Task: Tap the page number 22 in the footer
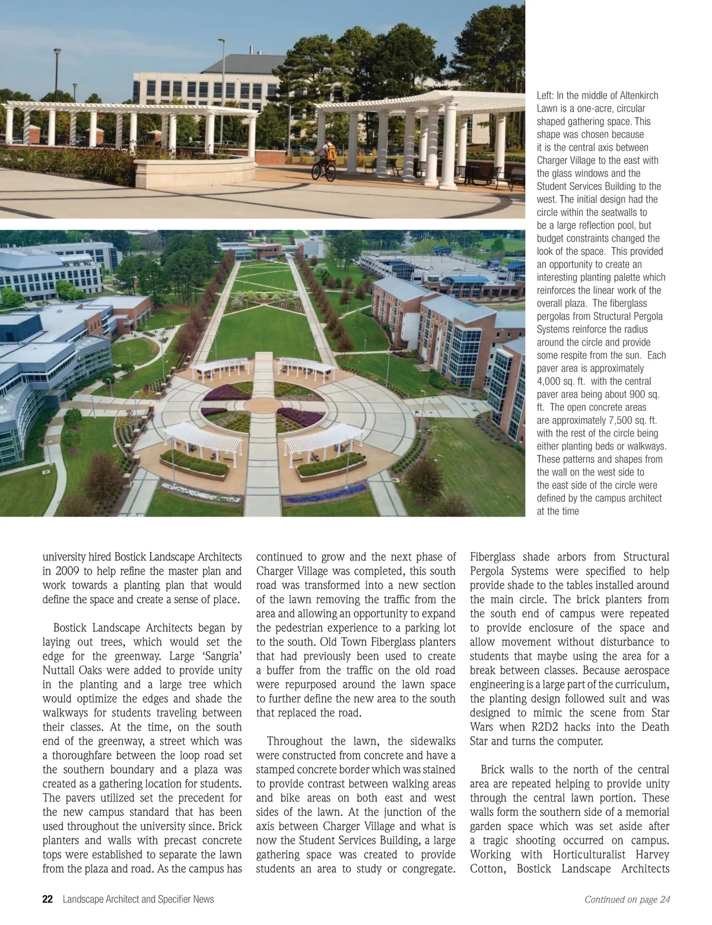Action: pyautogui.click(x=48, y=899)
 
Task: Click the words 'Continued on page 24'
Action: pyautogui.click(x=627, y=900)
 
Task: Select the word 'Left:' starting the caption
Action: pyautogui.click(x=545, y=96)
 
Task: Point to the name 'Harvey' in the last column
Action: pyautogui.click(x=652, y=854)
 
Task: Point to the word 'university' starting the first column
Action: pyautogui.click(x=65, y=557)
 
